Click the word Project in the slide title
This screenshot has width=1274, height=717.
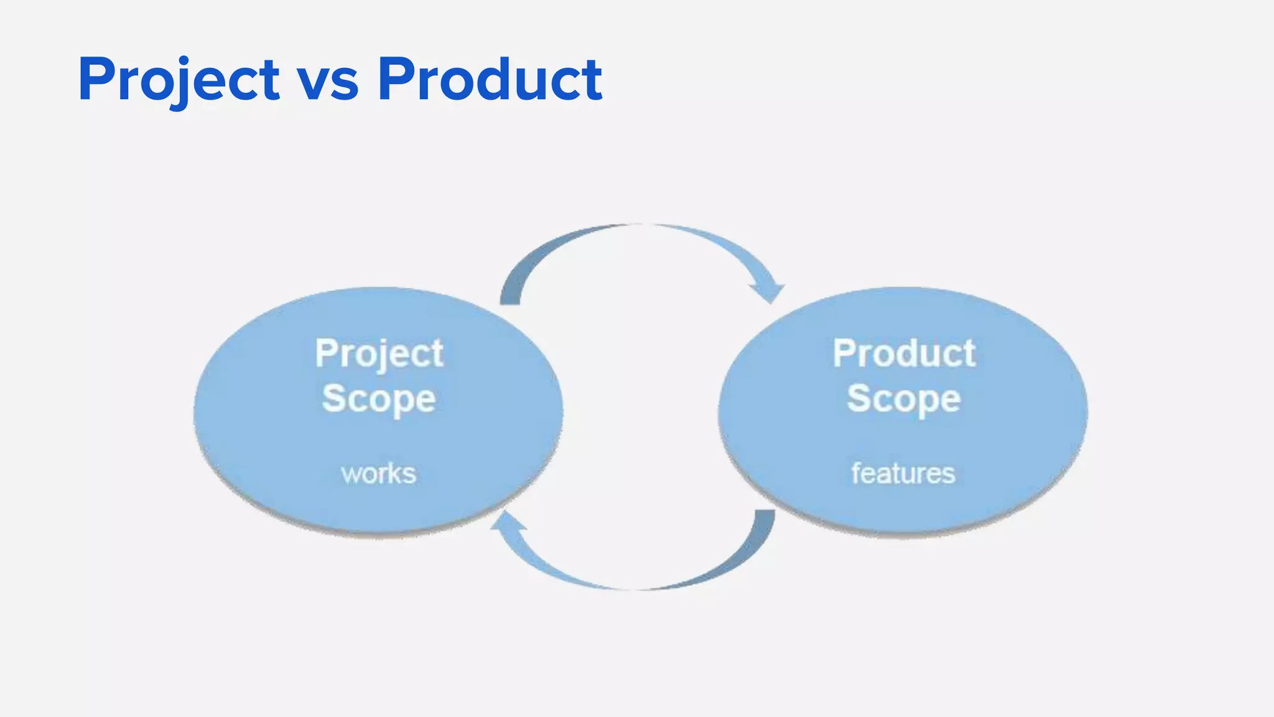(179, 80)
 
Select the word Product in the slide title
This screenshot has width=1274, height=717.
(490, 79)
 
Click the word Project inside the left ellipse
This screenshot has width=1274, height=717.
(379, 354)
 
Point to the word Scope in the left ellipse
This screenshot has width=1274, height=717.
(379, 399)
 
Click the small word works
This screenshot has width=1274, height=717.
(378, 474)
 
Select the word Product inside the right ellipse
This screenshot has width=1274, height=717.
(904, 354)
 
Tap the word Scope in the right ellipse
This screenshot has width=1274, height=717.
(904, 399)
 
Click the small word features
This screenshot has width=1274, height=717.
(903, 474)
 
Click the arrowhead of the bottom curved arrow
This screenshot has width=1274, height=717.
(505, 522)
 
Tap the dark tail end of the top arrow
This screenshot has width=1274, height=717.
(510, 298)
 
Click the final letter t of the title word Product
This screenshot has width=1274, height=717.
(591, 81)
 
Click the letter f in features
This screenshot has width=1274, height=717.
(857, 473)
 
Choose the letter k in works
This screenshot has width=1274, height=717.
(394, 474)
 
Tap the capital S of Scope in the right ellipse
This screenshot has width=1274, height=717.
(859, 398)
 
